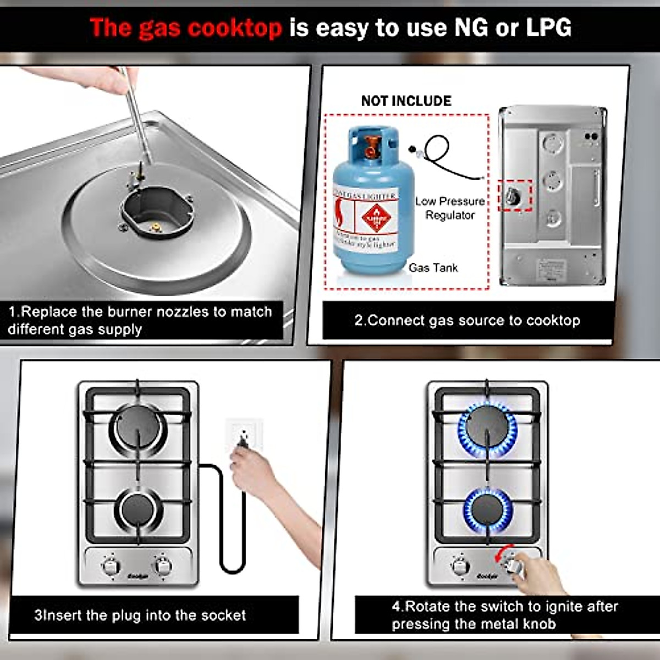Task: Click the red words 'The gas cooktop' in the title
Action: [186, 28]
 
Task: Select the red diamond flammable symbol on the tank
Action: [376, 218]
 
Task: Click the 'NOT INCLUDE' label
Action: [406, 101]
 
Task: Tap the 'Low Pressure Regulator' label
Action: [450, 208]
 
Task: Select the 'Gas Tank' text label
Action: [433, 268]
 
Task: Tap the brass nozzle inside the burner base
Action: [156, 226]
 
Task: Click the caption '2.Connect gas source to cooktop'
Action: [467, 320]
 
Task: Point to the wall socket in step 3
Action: [244, 434]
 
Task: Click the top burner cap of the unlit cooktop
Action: [137, 427]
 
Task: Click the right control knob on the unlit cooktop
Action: [163, 565]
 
